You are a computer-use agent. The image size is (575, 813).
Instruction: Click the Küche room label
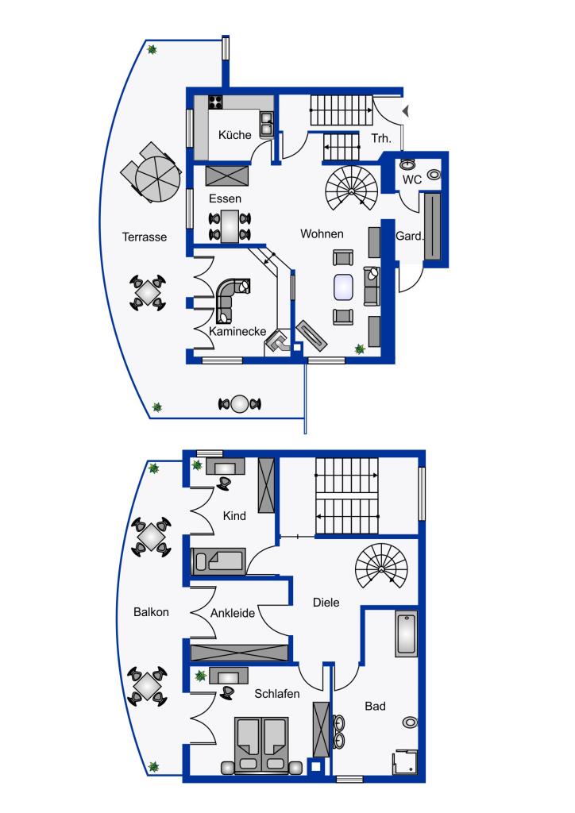pos(234,135)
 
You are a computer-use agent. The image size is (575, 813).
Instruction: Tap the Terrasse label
pos(144,237)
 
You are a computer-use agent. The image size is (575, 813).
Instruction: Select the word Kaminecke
pos(237,331)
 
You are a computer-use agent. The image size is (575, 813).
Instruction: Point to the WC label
pos(412,180)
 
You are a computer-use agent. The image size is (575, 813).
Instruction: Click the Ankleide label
pos(232,613)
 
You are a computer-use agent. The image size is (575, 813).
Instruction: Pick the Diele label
pos(326,603)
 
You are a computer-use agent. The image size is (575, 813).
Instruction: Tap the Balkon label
pos(151,612)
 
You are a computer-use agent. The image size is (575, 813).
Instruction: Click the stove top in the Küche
pos(216,102)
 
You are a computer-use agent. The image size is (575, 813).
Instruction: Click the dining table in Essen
pos(230,226)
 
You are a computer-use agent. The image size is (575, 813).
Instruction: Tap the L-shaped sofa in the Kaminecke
pos(232,299)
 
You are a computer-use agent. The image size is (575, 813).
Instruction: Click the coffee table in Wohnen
pos(344,287)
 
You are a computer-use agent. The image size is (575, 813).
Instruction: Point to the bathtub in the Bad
pos(407,634)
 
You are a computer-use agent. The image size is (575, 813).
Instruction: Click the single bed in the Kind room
pos(218,561)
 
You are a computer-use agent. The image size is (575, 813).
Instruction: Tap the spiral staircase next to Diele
pos(381,566)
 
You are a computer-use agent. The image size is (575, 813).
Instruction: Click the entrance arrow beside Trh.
pos(406,110)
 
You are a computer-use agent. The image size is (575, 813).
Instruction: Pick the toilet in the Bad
pos(410,722)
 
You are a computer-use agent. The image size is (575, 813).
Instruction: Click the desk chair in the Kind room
pos(224,482)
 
